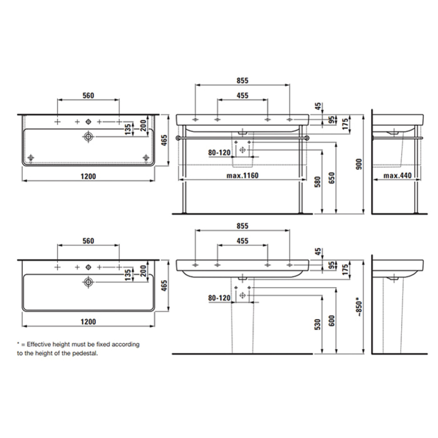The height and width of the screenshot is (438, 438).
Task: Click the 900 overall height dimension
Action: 359,164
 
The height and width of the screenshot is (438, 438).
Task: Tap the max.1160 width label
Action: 242,175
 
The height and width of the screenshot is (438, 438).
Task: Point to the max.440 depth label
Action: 397,175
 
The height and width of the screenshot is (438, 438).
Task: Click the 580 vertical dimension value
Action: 318,182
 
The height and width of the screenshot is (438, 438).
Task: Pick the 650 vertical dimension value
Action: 332,178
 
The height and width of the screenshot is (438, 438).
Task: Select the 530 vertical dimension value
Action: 318,325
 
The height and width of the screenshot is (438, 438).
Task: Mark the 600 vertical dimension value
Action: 332,321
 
